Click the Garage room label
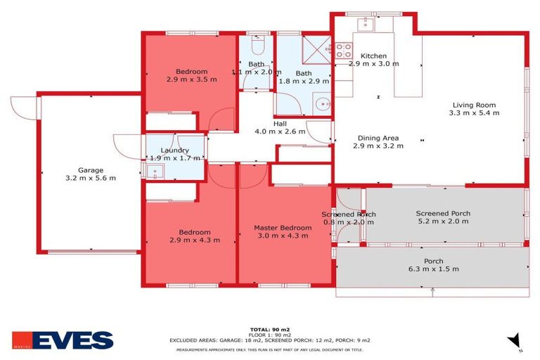click(91, 169)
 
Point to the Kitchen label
click(373, 56)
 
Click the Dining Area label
click(378, 138)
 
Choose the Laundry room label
click(174, 150)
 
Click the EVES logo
click(63, 340)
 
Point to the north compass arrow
click(514, 340)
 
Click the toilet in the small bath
click(257, 47)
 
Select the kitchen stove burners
click(342, 51)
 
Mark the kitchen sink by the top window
click(365, 25)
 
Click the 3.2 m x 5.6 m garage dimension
click(91, 178)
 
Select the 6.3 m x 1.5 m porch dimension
click(432, 269)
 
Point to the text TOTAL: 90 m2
click(270, 329)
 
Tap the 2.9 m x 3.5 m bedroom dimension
click(191, 80)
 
